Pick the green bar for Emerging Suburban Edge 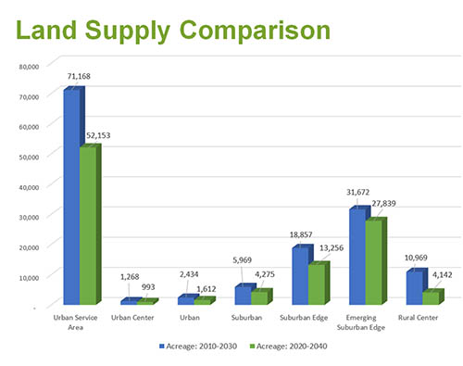[374, 262]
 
